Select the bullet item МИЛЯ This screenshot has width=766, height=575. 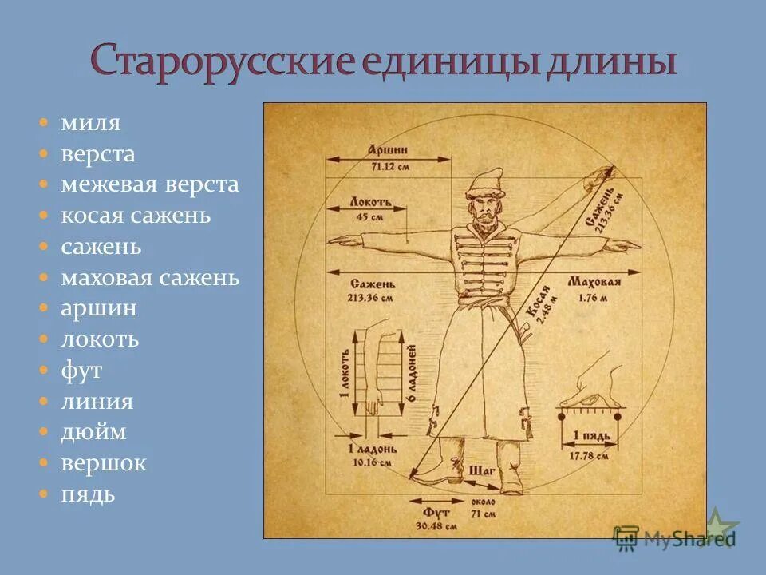(x=91, y=124)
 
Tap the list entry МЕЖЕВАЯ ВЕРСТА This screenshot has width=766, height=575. (x=150, y=185)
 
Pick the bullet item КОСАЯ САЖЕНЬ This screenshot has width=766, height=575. (x=136, y=216)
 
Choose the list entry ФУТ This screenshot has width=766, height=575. (x=81, y=371)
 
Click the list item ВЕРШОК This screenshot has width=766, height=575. (x=104, y=463)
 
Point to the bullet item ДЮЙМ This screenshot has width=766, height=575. (x=93, y=433)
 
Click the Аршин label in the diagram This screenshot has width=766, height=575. (x=389, y=149)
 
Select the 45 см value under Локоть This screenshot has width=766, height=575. (x=365, y=215)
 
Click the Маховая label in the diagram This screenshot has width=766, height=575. (x=594, y=282)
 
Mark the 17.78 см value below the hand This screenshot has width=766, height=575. (x=589, y=457)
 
